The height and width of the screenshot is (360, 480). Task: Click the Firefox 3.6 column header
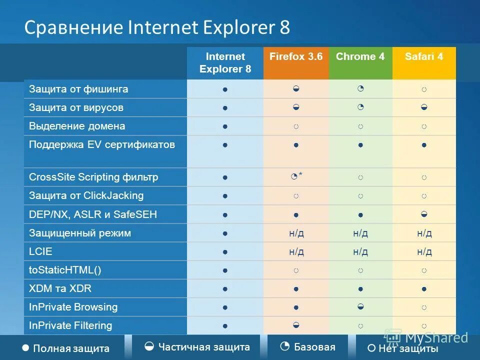[x=296, y=56]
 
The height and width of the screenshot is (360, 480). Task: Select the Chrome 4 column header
[x=360, y=56]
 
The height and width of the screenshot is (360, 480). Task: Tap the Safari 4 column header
[x=424, y=56]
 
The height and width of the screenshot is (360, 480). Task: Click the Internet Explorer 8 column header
[x=225, y=62]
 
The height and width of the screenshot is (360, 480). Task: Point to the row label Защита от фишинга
[x=78, y=89]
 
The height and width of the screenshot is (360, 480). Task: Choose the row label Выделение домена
[x=77, y=126]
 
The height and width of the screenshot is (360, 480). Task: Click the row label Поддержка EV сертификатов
[x=102, y=145]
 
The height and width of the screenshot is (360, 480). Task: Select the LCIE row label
[x=40, y=251]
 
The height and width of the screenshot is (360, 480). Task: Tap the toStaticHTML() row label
[x=65, y=270]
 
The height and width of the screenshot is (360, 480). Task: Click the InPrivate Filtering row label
[x=70, y=325]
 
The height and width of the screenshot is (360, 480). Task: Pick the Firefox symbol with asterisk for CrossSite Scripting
[x=296, y=176]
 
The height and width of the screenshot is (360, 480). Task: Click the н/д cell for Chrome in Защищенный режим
[x=360, y=233]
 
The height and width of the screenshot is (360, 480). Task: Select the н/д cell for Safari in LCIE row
[x=424, y=251]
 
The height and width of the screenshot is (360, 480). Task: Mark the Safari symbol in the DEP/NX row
[x=424, y=214]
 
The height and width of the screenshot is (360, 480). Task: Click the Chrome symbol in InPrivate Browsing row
[x=360, y=306]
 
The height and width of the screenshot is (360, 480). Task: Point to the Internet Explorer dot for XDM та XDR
[x=225, y=289]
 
